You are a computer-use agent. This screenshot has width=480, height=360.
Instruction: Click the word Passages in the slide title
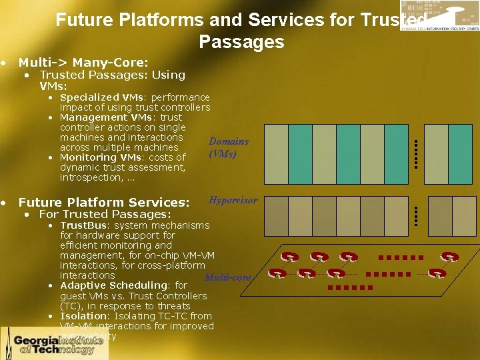point(241,43)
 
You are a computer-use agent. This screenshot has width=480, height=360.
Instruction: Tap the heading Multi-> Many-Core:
point(83,63)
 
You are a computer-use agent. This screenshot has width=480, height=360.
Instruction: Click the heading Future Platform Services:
point(104,202)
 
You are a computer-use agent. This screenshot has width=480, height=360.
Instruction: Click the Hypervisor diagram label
point(233,200)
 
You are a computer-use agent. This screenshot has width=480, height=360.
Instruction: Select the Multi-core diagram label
point(227,277)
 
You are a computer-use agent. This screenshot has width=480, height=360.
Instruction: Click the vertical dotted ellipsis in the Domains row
point(415,153)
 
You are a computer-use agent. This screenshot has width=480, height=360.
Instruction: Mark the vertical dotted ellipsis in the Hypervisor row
point(415,215)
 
